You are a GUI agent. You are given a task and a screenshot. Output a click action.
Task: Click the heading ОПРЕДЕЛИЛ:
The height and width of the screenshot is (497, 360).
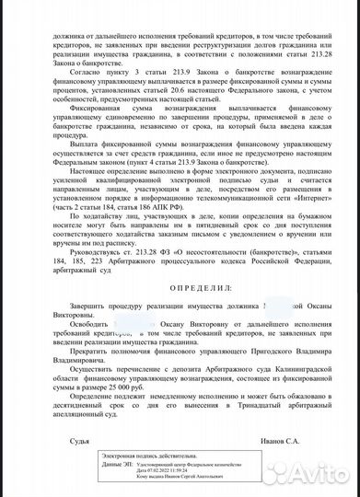point(180,287)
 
